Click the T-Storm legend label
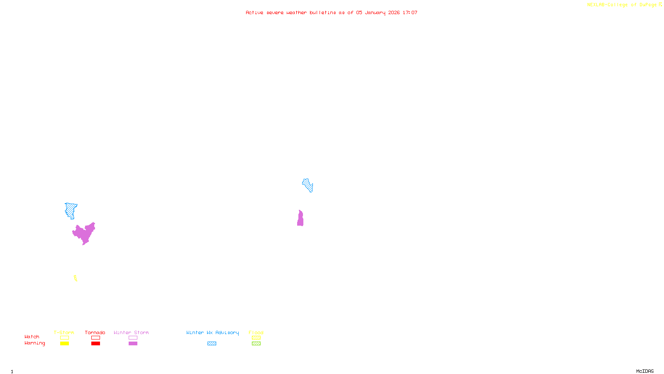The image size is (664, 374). pyautogui.click(x=64, y=332)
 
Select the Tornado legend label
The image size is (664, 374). pyautogui.click(x=95, y=332)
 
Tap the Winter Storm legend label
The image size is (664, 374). pyautogui.click(x=131, y=332)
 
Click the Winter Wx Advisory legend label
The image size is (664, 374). pyautogui.click(x=212, y=332)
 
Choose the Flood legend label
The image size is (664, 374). pyautogui.click(x=256, y=332)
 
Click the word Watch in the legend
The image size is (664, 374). pyautogui.click(x=32, y=337)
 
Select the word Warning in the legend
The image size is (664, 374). pyautogui.click(x=35, y=343)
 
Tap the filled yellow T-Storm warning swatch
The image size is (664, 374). pyautogui.click(x=64, y=344)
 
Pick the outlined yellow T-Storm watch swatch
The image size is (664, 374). pyautogui.click(x=64, y=338)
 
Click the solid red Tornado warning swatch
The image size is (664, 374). pyautogui.click(x=96, y=344)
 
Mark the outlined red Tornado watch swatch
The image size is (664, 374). pyautogui.click(x=96, y=338)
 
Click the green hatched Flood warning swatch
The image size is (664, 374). pyautogui.click(x=256, y=344)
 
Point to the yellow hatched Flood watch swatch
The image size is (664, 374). pyautogui.click(x=256, y=338)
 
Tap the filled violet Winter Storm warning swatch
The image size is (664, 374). pyautogui.click(x=133, y=344)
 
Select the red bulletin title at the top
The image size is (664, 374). pyautogui.click(x=332, y=12)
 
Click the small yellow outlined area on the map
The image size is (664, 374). pyautogui.click(x=76, y=278)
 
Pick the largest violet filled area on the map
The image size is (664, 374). pyautogui.click(x=85, y=234)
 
